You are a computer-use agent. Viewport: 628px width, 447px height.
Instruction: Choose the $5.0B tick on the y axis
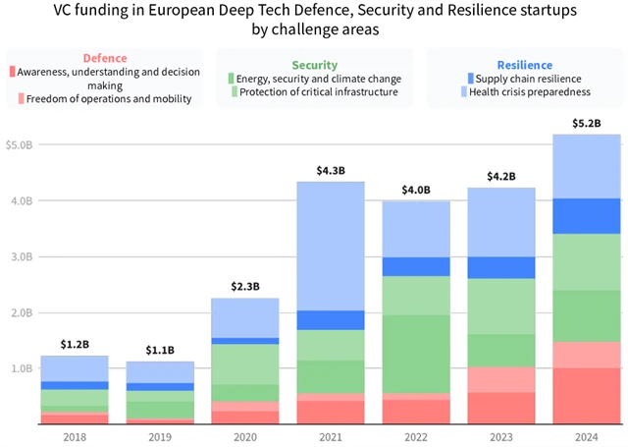[20, 145]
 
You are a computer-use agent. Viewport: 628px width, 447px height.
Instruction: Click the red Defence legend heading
[104, 59]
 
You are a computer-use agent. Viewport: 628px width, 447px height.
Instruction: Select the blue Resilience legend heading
[524, 65]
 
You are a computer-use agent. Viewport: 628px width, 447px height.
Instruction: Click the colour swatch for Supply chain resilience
[472, 78]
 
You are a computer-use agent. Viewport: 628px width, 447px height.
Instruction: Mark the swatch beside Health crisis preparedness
[472, 91]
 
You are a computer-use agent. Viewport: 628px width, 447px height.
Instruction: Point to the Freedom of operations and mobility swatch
[20, 98]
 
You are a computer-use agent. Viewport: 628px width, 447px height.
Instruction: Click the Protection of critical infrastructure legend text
[313, 91]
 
